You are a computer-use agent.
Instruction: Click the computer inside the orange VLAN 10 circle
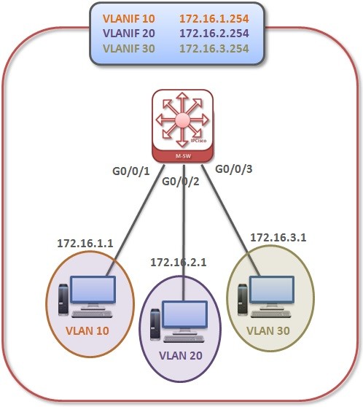pyautogui.click(x=87, y=295)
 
